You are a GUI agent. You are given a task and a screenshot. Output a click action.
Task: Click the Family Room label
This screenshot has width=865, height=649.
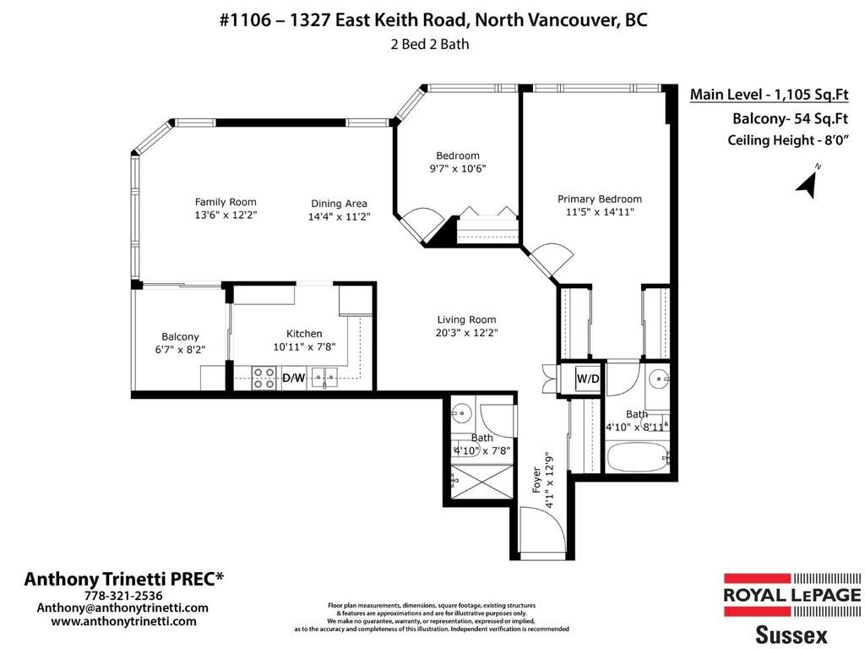(x=226, y=202)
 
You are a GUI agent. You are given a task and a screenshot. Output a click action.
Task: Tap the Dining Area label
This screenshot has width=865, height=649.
(x=338, y=204)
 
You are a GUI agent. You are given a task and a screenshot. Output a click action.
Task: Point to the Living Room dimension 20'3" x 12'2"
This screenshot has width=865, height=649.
(x=466, y=333)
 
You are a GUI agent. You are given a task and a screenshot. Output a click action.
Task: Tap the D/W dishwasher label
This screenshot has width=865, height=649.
(x=293, y=378)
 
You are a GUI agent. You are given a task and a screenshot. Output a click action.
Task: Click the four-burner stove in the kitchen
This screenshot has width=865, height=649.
(x=265, y=377)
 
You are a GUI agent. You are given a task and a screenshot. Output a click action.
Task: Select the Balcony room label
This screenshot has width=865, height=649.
(x=180, y=336)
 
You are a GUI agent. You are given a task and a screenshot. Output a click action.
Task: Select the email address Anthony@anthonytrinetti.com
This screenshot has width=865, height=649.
(x=122, y=608)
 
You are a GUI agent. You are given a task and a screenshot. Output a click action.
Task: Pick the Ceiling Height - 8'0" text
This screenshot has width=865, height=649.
(x=787, y=140)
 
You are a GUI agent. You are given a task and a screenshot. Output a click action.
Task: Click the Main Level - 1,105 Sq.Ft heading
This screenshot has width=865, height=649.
(x=769, y=95)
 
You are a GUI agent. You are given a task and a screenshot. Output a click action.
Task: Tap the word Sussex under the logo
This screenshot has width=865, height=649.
(x=791, y=633)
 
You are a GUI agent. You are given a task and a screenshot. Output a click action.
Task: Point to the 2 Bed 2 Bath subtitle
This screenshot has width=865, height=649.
(x=429, y=45)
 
